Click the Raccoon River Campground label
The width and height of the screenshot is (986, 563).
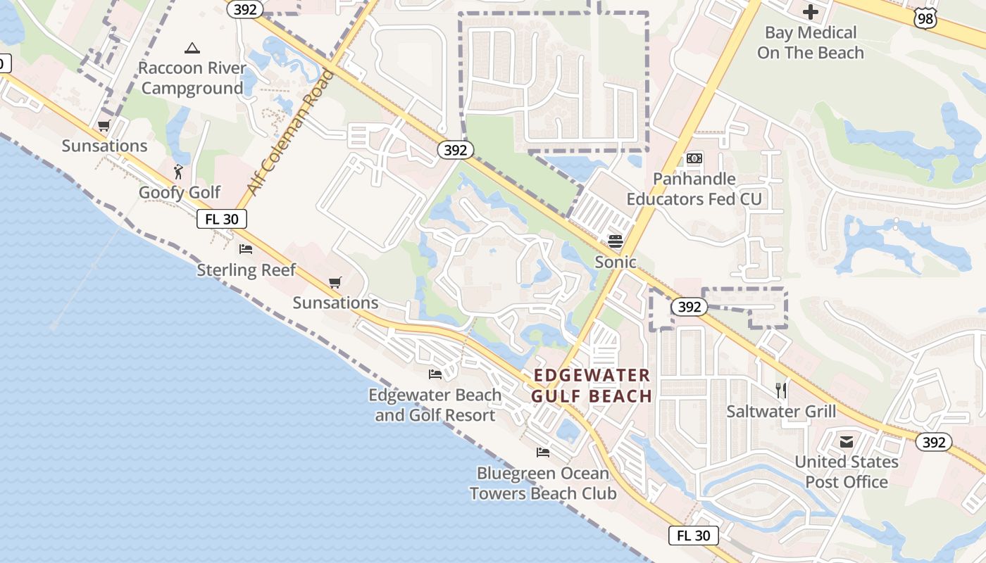pyautogui.click(x=192, y=78)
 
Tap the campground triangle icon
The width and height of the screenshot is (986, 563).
pyautogui.click(x=192, y=48)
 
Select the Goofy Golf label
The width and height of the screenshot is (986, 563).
pyautogui.click(x=180, y=192)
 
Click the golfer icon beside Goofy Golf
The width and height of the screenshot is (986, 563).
pyautogui.click(x=179, y=171)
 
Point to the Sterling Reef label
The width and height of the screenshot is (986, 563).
pyautogui.click(x=246, y=270)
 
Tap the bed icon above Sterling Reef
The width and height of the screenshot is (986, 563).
pyautogui.click(x=246, y=249)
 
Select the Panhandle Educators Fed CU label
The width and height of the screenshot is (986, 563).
pyautogui.click(x=694, y=189)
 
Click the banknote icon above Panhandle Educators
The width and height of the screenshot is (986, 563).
pyautogui.click(x=694, y=158)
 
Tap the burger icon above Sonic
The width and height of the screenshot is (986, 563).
pyautogui.click(x=616, y=241)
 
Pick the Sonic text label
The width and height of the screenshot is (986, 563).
pyautogui.click(x=616, y=262)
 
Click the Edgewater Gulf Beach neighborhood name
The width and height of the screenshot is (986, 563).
pyautogui.click(x=592, y=385)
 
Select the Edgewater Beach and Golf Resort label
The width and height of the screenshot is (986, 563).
pyautogui.click(x=435, y=405)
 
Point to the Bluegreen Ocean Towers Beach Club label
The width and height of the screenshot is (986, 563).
pyautogui.click(x=543, y=483)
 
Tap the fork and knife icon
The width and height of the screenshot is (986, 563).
pyautogui.click(x=781, y=390)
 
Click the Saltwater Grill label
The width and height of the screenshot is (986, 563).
pyautogui.click(x=781, y=411)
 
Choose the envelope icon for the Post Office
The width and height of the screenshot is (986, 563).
pyautogui.click(x=847, y=441)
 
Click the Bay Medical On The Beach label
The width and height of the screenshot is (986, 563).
pyautogui.click(x=811, y=42)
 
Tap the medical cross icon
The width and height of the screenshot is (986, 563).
pyautogui.click(x=811, y=12)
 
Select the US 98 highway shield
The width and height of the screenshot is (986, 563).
pyautogui.click(x=925, y=18)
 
